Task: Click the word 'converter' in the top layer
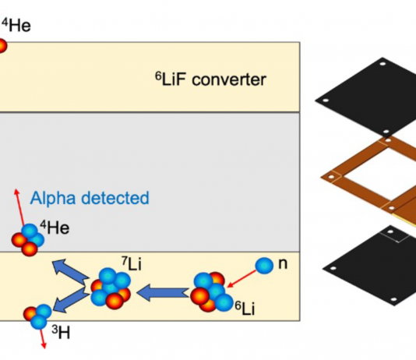point(229,79)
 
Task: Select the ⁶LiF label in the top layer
point(170,79)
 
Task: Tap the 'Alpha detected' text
point(90,198)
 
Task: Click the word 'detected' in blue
point(115,198)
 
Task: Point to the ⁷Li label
point(132,263)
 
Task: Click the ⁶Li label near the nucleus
point(245,308)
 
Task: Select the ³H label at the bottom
point(61,332)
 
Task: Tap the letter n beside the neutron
point(283,263)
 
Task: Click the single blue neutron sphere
point(264,265)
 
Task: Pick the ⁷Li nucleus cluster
point(111,288)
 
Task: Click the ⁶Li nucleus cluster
point(211,291)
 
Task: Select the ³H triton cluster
point(37,316)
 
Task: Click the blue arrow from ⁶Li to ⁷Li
point(163,293)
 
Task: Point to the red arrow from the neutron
point(241,279)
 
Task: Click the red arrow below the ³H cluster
point(43,339)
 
